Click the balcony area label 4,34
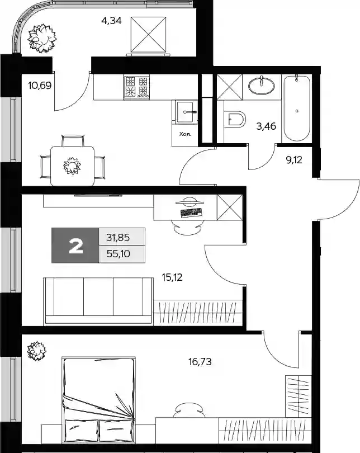(x=111, y=21)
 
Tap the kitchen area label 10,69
(x=40, y=86)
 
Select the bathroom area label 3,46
(x=266, y=126)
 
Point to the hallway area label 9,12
(x=294, y=160)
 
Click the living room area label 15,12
(x=172, y=277)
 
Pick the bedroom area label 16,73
(x=200, y=361)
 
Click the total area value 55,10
(x=119, y=254)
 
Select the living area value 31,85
(x=118, y=238)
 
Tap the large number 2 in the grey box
(x=76, y=247)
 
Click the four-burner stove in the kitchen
(x=136, y=87)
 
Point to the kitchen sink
(x=185, y=112)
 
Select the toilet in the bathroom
(x=235, y=119)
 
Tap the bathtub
(x=297, y=108)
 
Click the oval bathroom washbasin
(x=262, y=85)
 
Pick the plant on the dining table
(x=72, y=166)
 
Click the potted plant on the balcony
(x=42, y=39)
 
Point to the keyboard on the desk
(x=191, y=213)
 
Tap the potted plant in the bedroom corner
(x=37, y=351)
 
